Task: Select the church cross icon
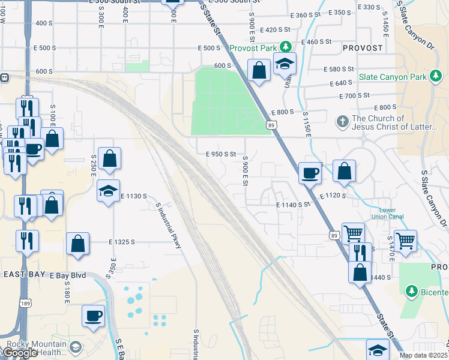point(343,122)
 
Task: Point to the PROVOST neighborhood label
point(362,47)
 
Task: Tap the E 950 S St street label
point(225,154)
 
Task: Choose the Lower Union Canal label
point(387,214)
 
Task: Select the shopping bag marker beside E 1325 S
point(78,244)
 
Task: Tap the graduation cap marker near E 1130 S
point(108,191)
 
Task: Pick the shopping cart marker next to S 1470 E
point(406,241)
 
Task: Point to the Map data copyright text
point(424,355)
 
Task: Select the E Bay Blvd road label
point(68,275)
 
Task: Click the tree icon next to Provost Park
point(287,46)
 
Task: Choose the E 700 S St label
point(354,95)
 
